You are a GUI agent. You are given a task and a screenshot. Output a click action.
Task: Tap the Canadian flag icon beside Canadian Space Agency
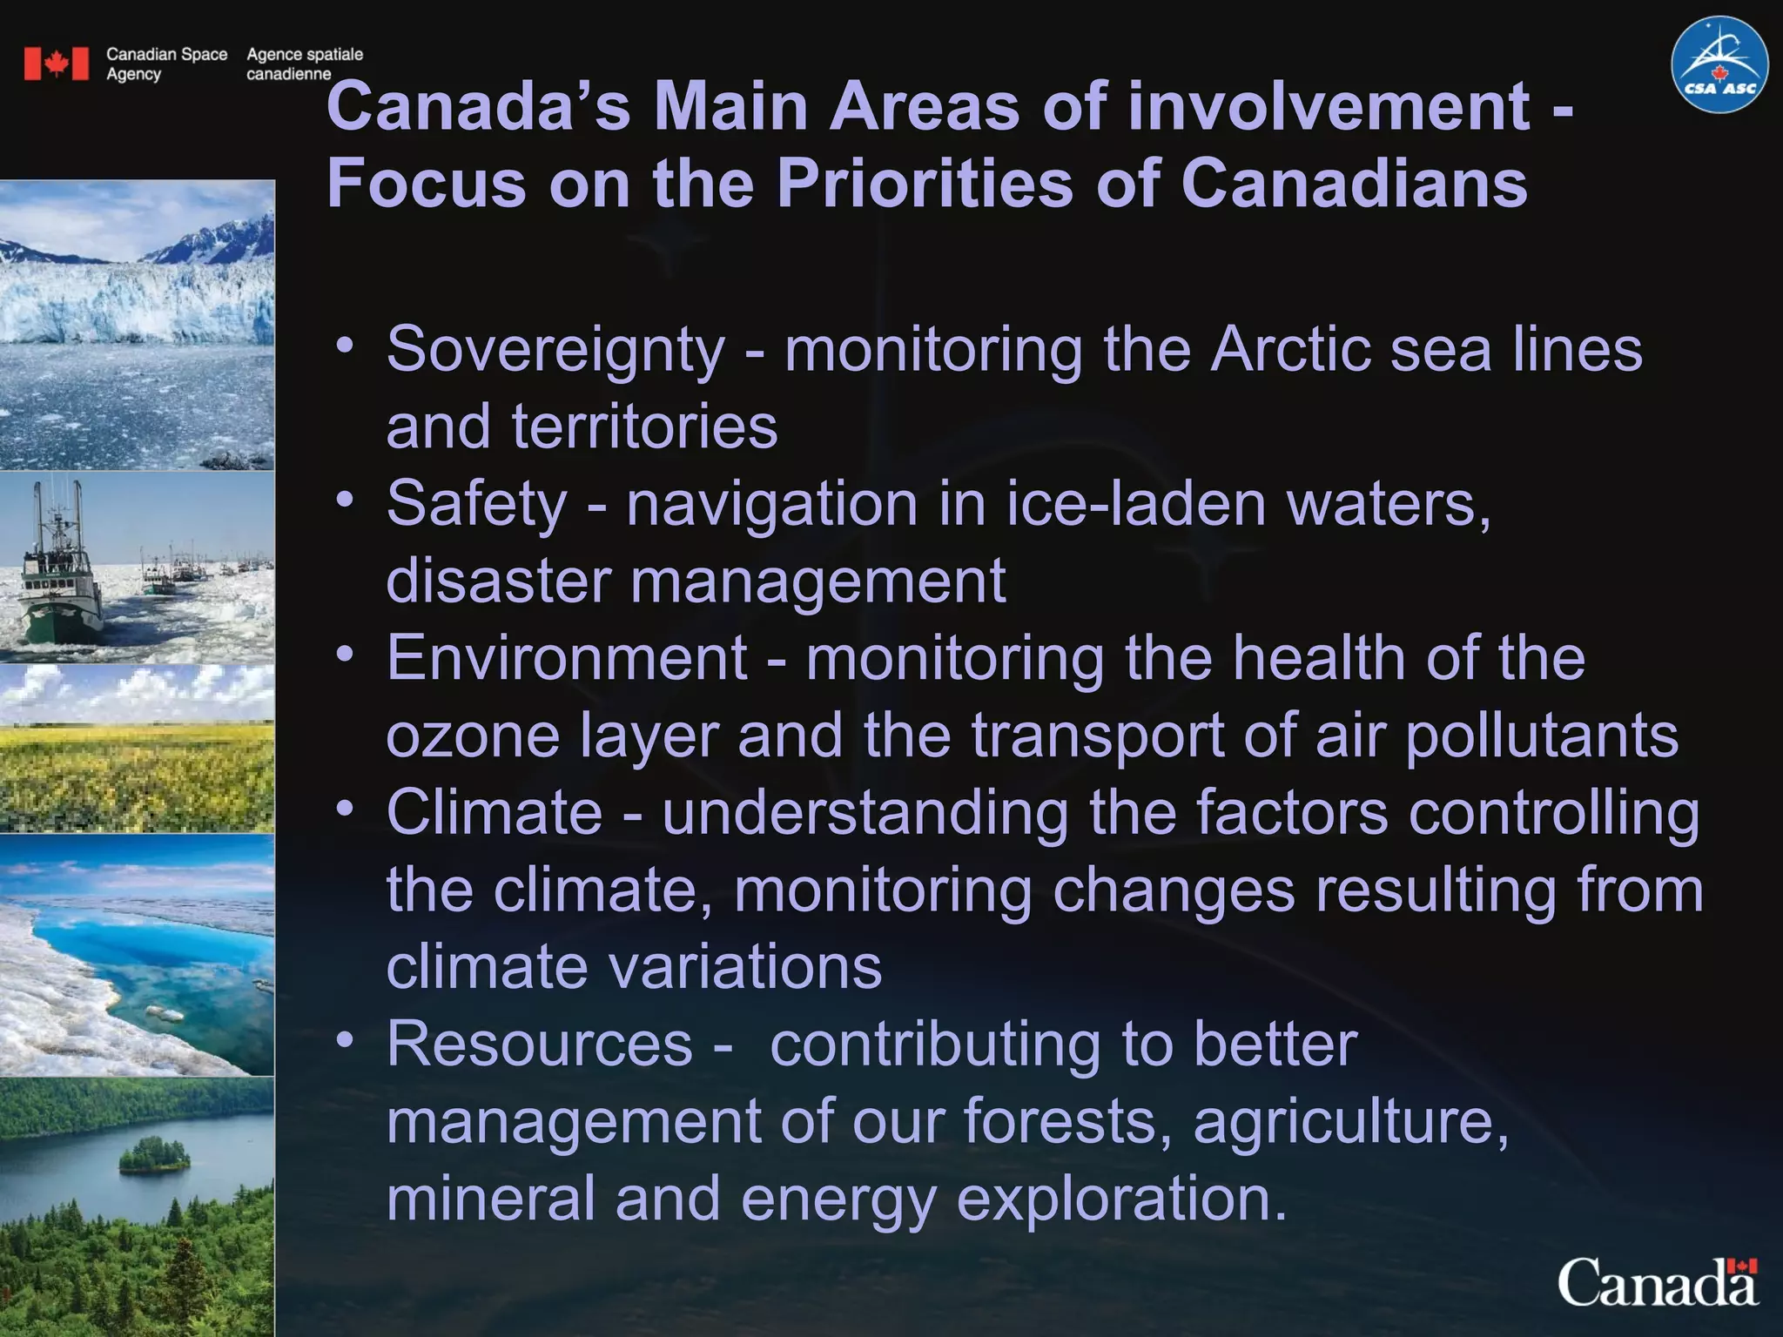pos(57,64)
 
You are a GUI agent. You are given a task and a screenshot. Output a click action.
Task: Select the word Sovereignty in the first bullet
pos(555,350)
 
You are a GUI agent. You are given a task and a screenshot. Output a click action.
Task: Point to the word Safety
pos(476,504)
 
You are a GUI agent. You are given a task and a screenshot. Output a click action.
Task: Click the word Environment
pos(567,658)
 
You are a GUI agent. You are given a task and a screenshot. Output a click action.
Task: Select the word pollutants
pos(1542,736)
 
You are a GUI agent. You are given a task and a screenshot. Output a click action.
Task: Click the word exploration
pos(1121,1198)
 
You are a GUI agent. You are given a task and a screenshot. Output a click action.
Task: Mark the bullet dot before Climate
pos(346,809)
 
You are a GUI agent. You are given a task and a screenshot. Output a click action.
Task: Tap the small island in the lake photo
pos(154,1156)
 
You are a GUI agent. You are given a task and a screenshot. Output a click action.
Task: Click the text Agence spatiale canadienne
pos(304,64)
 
